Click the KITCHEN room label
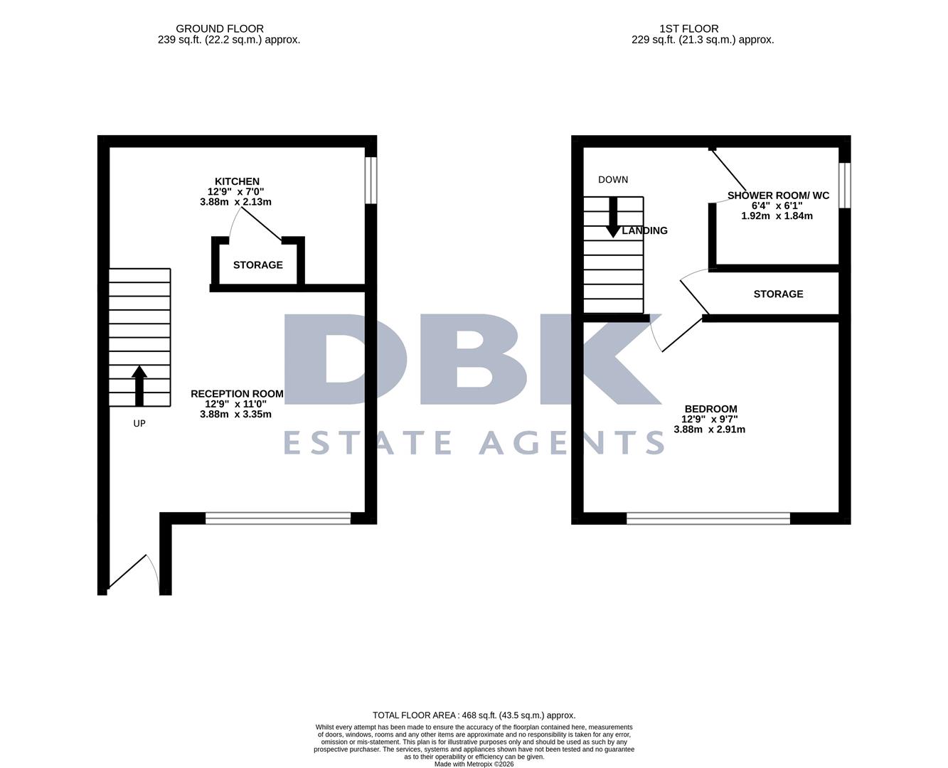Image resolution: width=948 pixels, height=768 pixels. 237,181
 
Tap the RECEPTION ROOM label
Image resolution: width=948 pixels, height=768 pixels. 237,393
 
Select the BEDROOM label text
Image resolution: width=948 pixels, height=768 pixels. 710,409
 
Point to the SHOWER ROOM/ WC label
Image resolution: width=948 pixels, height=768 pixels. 778,196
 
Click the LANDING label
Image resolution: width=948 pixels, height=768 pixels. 645,230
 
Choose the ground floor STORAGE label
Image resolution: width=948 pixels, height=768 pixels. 258,265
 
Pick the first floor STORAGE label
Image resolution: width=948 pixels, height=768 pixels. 778,294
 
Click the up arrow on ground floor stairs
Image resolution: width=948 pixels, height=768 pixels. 139,386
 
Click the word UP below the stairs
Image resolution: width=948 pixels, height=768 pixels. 139,423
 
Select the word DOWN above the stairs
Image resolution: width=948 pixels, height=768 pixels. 613,180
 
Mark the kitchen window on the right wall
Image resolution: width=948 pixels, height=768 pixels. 371,181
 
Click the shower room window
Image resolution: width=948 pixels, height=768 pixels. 844,186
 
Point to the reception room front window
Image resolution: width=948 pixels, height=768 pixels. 278,518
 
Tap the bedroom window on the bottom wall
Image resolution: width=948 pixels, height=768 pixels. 708,518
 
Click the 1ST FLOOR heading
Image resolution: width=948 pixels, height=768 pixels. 678,28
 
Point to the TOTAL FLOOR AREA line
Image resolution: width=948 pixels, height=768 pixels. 474,715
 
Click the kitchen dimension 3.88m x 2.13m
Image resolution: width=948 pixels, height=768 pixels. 235,202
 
